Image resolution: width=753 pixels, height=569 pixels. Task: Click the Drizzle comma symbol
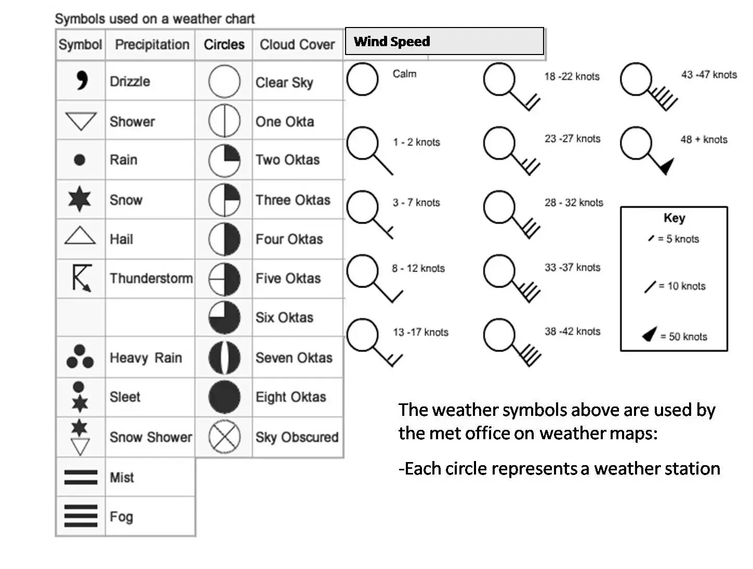[x=82, y=80]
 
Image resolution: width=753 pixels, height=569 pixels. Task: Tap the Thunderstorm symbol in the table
[x=81, y=277]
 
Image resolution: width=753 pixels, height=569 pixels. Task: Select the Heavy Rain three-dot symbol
[x=80, y=357]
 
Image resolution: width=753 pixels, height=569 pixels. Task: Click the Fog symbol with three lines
[x=81, y=516]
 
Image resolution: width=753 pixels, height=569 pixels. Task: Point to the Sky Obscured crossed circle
[x=224, y=437]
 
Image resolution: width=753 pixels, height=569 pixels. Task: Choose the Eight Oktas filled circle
[x=224, y=397]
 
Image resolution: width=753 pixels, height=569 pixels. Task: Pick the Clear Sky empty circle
[x=224, y=82]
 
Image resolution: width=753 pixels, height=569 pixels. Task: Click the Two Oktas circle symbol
[x=224, y=160]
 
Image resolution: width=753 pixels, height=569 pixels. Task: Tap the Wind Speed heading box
[x=444, y=42]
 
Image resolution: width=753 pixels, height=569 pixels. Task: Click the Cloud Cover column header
[x=297, y=45]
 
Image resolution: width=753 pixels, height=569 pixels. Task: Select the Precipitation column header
[x=152, y=45]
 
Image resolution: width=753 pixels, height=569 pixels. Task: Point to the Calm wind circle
[x=362, y=79]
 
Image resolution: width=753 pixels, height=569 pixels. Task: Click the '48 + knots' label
[x=704, y=140]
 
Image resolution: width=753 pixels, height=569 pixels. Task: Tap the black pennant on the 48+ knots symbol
[x=666, y=166]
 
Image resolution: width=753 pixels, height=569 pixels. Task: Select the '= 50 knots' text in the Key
[x=683, y=336]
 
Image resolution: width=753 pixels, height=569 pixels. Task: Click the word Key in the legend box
[x=674, y=218]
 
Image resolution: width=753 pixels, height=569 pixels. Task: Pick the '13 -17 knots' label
[x=420, y=332]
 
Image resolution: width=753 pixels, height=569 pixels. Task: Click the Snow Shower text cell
[x=151, y=437]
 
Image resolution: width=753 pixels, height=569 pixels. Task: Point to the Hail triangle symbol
[x=80, y=236]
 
